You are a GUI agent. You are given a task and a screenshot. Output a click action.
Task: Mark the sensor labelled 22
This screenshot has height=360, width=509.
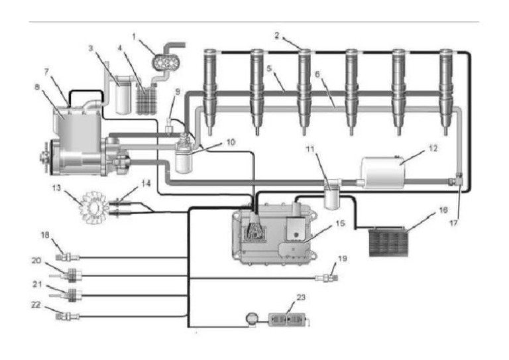66,316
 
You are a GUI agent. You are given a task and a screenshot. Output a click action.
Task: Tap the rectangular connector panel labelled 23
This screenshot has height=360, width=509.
286,320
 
